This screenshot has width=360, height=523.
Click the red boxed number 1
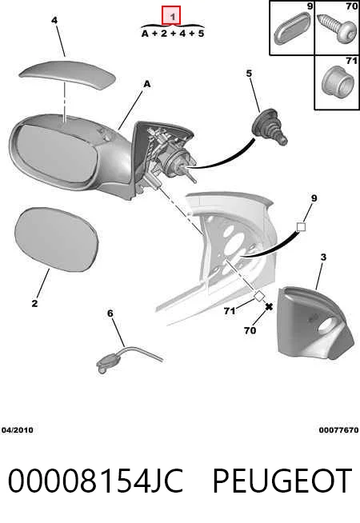tap(171, 15)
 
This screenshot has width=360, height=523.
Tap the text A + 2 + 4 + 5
tap(173, 34)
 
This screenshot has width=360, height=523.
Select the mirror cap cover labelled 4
tap(67, 74)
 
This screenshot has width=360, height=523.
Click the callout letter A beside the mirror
tap(147, 85)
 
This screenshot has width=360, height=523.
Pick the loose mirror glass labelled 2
tap(57, 239)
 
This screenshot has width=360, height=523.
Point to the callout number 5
tap(250, 73)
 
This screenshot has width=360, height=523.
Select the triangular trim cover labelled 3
tap(315, 323)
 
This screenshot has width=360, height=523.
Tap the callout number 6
tap(110, 313)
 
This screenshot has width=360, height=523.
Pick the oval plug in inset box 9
tap(292, 29)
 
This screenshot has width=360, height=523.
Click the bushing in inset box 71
tap(338, 80)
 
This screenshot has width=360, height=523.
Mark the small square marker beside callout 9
tap(301, 227)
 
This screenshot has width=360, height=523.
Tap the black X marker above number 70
tap(269, 306)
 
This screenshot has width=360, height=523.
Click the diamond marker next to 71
tap(259, 296)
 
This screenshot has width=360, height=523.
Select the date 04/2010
tap(18, 430)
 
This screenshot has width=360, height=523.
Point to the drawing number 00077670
tap(338, 430)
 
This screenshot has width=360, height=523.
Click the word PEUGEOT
tap(282, 481)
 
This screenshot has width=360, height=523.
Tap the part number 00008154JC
tap(95, 481)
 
